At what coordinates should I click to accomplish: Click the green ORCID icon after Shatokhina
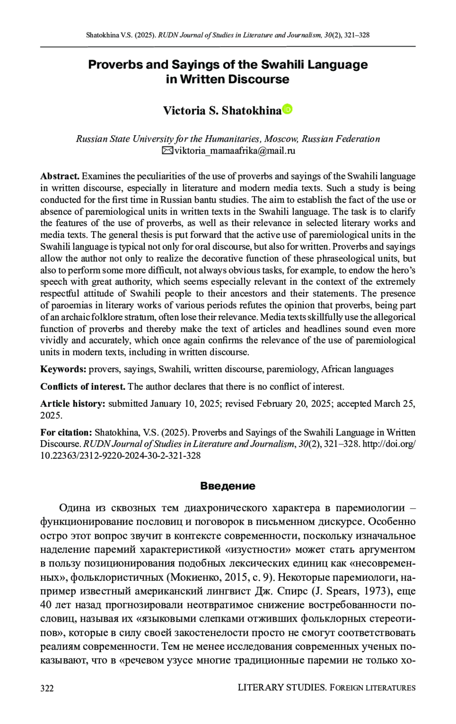tap(287, 109)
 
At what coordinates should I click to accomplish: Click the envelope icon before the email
tap(167, 151)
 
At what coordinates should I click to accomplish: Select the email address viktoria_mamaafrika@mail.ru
tap(234, 151)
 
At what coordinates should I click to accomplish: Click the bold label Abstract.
tap(60, 176)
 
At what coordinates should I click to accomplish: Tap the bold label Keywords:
tap(63, 369)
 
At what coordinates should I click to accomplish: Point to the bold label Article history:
tap(73, 404)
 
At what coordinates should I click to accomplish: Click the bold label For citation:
tap(66, 433)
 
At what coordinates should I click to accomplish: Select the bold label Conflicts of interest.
tap(83, 387)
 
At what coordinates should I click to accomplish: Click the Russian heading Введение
tap(228, 486)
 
